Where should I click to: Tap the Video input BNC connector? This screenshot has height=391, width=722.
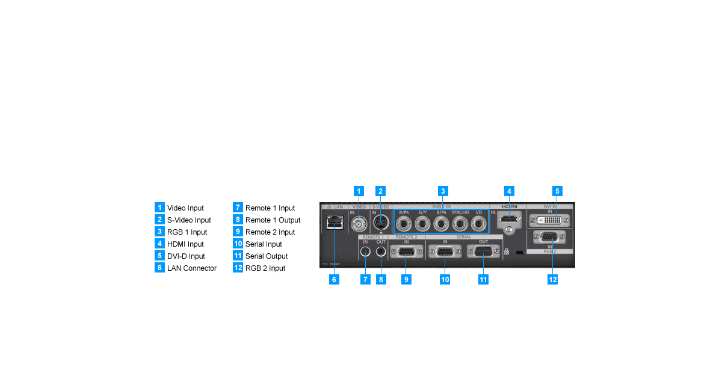[x=359, y=224]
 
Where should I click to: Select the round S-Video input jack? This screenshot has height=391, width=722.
[x=381, y=223]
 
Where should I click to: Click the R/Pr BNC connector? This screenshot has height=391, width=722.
[x=404, y=224]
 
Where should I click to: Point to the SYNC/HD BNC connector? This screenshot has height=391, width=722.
[x=460, y=224]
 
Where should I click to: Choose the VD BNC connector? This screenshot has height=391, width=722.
[x=479, y=224]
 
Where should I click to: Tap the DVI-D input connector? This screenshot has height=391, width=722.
[x=549, y=221]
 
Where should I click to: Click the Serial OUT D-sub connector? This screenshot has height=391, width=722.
[x=483, y=252]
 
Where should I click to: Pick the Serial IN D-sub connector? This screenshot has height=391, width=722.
[x=445, y=252]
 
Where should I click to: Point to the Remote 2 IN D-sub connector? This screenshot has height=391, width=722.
[x=406, y=252]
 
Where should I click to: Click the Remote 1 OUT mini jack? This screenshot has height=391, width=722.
[x=380, y=251]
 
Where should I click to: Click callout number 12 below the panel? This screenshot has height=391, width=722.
[x=553, y=280]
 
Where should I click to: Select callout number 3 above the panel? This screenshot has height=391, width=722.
[x=442, y=191]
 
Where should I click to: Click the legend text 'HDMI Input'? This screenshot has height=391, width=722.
[x=185, y=244]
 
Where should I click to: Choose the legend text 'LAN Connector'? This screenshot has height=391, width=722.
[x=191, y=268]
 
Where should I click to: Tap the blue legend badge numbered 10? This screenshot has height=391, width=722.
[x=238, y=244]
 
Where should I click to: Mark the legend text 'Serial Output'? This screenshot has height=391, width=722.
[x=267, y=256]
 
